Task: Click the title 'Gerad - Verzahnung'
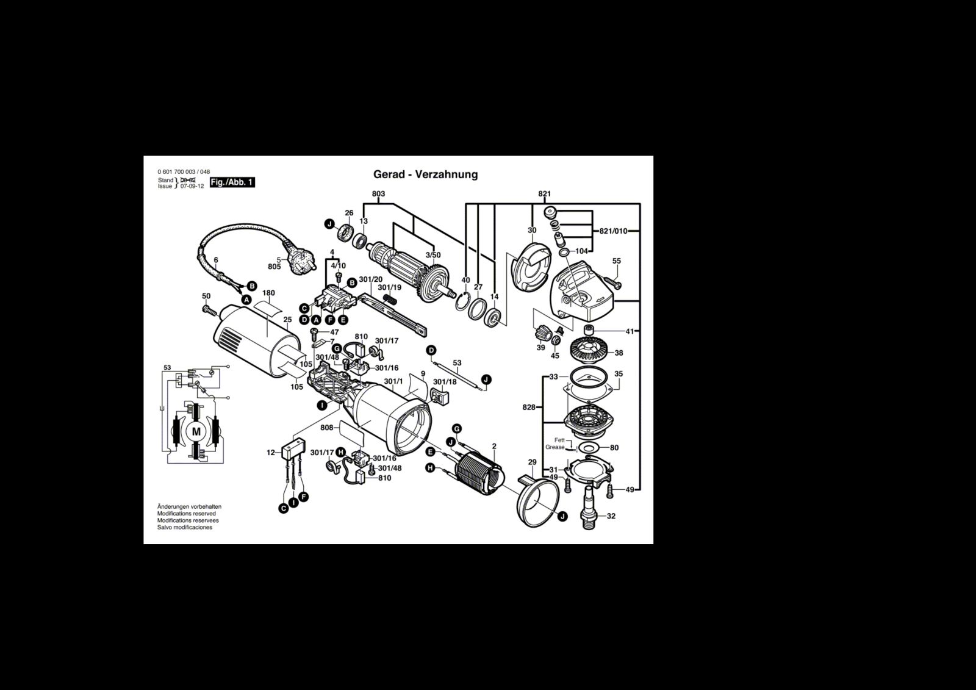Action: click(425, 174)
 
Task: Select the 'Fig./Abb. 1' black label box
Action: click(232, 182)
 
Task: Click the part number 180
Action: click(268, 293)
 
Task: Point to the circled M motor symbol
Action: click(196, 431)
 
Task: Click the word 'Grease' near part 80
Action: click(554, 447)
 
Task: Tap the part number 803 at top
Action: click(378, 194)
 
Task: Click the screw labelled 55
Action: click(611, 282)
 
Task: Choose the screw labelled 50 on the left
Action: click(210, 311)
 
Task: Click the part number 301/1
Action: click(393, 382)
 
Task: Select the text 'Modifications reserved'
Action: click(186, 514)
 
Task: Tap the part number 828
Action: click(529, 407)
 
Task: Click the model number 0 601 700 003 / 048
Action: click(184, 171)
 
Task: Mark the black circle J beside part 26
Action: click(329, 225)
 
